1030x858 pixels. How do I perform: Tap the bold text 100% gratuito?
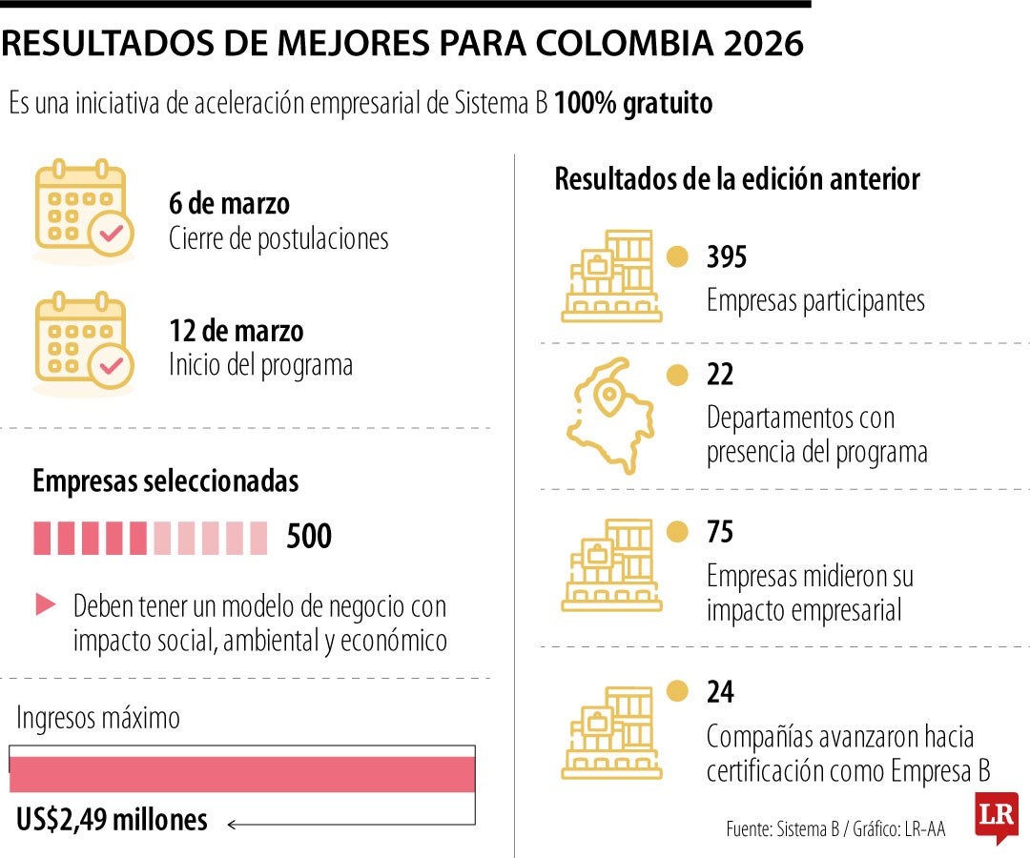pos(633,103)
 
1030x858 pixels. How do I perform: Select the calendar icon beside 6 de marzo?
pos(83,211)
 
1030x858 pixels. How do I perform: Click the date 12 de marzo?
pos(237,331)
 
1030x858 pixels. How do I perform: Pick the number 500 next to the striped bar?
pos(309,537)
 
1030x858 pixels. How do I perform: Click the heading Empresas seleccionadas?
pos(166,481)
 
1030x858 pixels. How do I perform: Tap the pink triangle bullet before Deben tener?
pos(46,603)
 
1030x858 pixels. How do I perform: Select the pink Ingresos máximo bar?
pos(242,774)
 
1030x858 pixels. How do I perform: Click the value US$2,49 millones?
pos(113,819)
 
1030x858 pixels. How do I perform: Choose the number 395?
pos(727,257)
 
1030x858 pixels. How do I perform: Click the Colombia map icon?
pos(611,416)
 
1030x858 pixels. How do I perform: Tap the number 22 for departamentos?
pos(720,375)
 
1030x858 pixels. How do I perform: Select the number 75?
pos(720,532)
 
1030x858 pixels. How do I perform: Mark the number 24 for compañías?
pos(720,691)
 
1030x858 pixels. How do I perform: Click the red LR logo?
pos(997,817)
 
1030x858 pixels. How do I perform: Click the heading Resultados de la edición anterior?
pos(737,179)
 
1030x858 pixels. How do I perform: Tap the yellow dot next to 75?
pos(677,532)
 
